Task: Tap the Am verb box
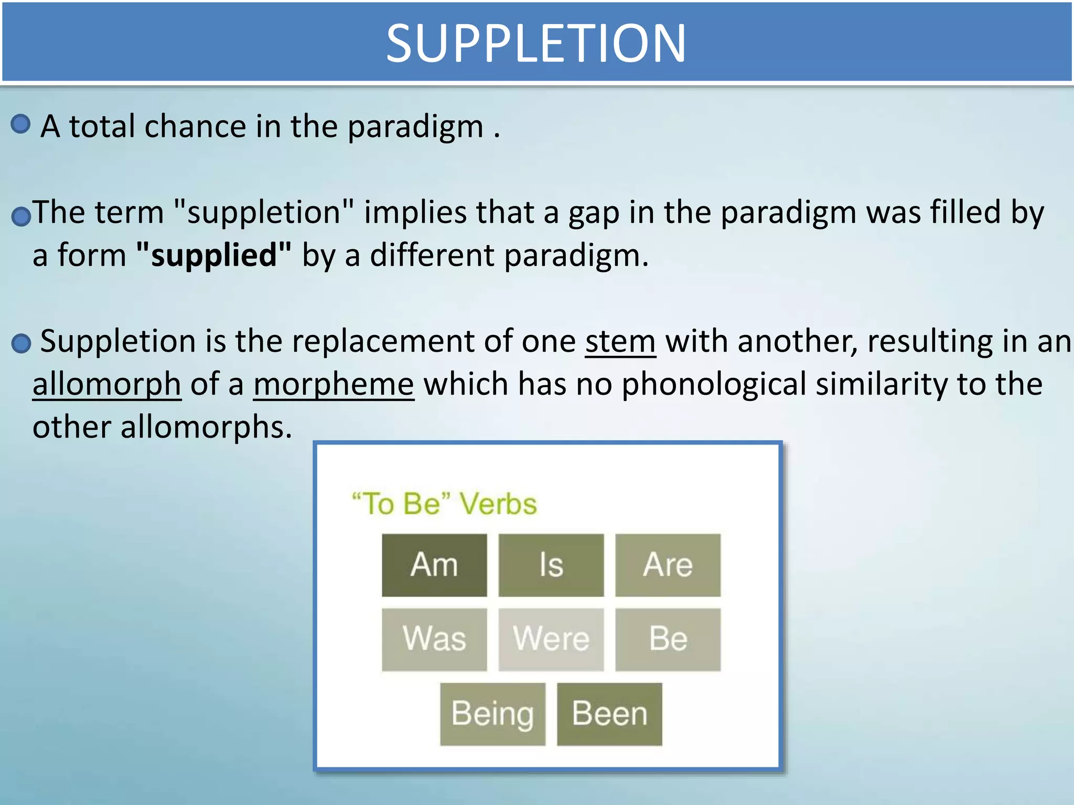tap(434, 565)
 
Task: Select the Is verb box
tap(551, 565)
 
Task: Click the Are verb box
tap(668, 565)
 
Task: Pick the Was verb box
tap(434, 639)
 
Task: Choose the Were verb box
tap(551, 639)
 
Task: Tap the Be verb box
tap(668, 639)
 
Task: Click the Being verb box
tap(492, 714)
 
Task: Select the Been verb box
tap(609, 714)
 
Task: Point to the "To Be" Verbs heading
tap(444, 504)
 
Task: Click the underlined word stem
tap(620, 342)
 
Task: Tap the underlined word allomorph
tap(107, 385)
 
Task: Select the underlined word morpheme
tap(334, 385)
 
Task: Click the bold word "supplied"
tap(213, 256)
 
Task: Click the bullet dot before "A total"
tap(20, 124)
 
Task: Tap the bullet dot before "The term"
tap(21, 216)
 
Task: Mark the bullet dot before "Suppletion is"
tap(21, 344)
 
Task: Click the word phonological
tap(714, 385)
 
